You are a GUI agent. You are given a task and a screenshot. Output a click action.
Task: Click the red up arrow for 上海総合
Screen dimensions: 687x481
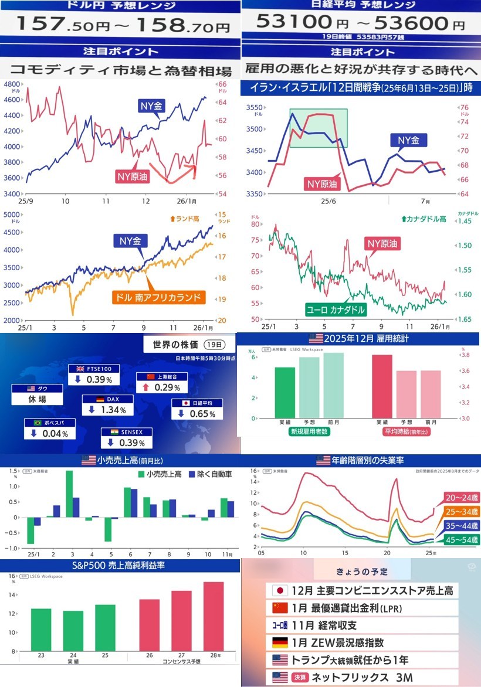coord(144,387)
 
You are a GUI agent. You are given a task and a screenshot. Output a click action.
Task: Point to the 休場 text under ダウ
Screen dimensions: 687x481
coord(38,399)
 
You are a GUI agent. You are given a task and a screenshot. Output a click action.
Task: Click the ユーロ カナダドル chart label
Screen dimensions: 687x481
coord(336,309)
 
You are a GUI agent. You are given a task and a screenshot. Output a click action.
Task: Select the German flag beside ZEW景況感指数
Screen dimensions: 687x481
coord(280,642)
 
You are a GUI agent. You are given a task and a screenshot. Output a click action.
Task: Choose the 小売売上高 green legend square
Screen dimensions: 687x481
coord(141,474)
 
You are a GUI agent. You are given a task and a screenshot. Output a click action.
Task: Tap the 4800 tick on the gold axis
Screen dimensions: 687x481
coord(12,84)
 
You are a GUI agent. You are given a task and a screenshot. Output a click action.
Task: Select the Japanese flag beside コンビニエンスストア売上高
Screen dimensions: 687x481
coord(280,590)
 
